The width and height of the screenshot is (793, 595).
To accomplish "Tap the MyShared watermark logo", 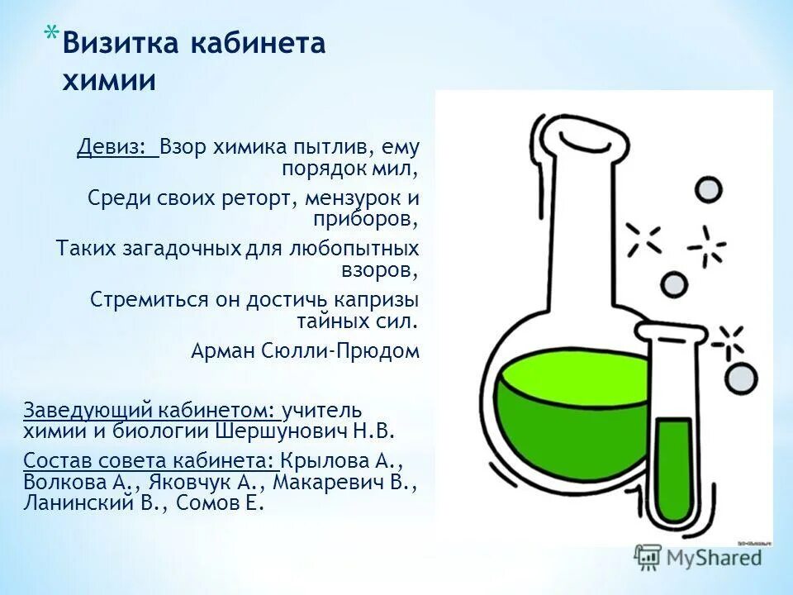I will pyautogui.click(x=699, y=558).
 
